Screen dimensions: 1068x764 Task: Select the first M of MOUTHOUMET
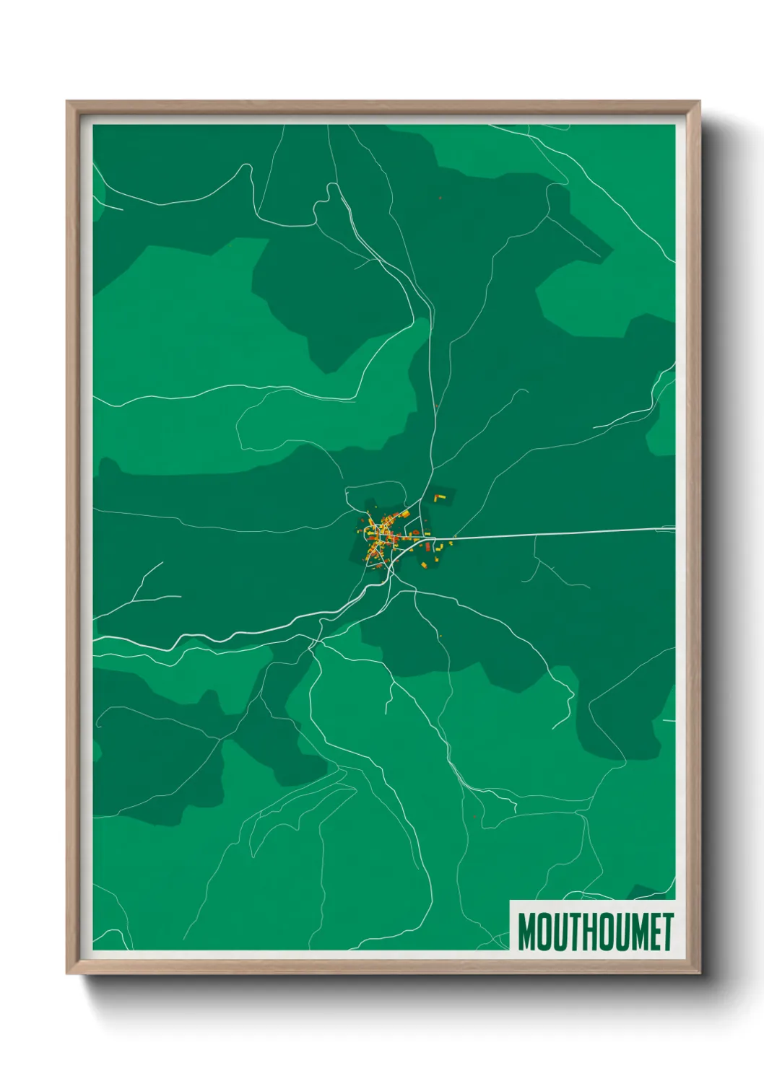(x=526, y=932)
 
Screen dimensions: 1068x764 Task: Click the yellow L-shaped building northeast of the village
(x=438, y=498)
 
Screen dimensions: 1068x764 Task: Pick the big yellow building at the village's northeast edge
(x=405, y=514)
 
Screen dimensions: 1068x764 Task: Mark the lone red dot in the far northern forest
(x=440, y=197)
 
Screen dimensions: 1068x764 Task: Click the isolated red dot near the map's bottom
(x=473, y=815)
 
